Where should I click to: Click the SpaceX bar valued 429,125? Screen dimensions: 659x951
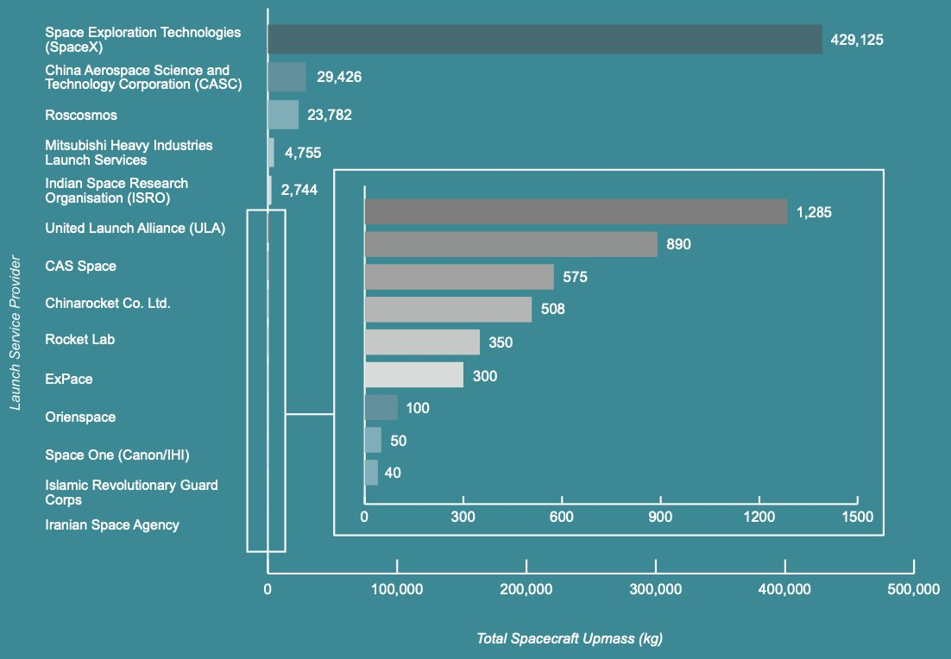coord(545,39)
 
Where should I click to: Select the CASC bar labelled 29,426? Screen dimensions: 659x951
coord(287,77)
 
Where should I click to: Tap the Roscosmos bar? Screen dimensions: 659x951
coord(283,115)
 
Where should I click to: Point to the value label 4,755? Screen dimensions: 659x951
coord(303,153)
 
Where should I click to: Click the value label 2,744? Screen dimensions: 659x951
coord(299,191)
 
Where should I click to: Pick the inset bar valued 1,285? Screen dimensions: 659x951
coord(576,211)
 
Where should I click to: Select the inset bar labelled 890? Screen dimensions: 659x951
coord(511,244)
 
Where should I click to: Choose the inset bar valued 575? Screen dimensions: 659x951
coord(459,277)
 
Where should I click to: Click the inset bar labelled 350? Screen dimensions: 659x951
coord(422,342)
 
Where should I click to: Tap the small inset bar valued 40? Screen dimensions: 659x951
coord(371,473)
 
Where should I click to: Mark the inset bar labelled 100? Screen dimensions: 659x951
coord(381,407)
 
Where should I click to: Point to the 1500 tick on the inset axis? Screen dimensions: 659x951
coord(857,517)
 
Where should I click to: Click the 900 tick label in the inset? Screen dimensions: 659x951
coord(660,517)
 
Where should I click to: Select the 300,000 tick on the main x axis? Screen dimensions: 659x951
coord(656,590)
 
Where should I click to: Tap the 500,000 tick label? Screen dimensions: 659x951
coord(913,590)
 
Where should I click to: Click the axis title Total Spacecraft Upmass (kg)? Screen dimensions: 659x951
coord(570,639)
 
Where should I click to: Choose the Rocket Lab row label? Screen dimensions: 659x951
coord(79,340)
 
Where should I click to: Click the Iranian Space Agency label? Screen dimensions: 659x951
coord(112,524)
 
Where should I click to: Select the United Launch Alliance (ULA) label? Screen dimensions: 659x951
coord(135,229)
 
